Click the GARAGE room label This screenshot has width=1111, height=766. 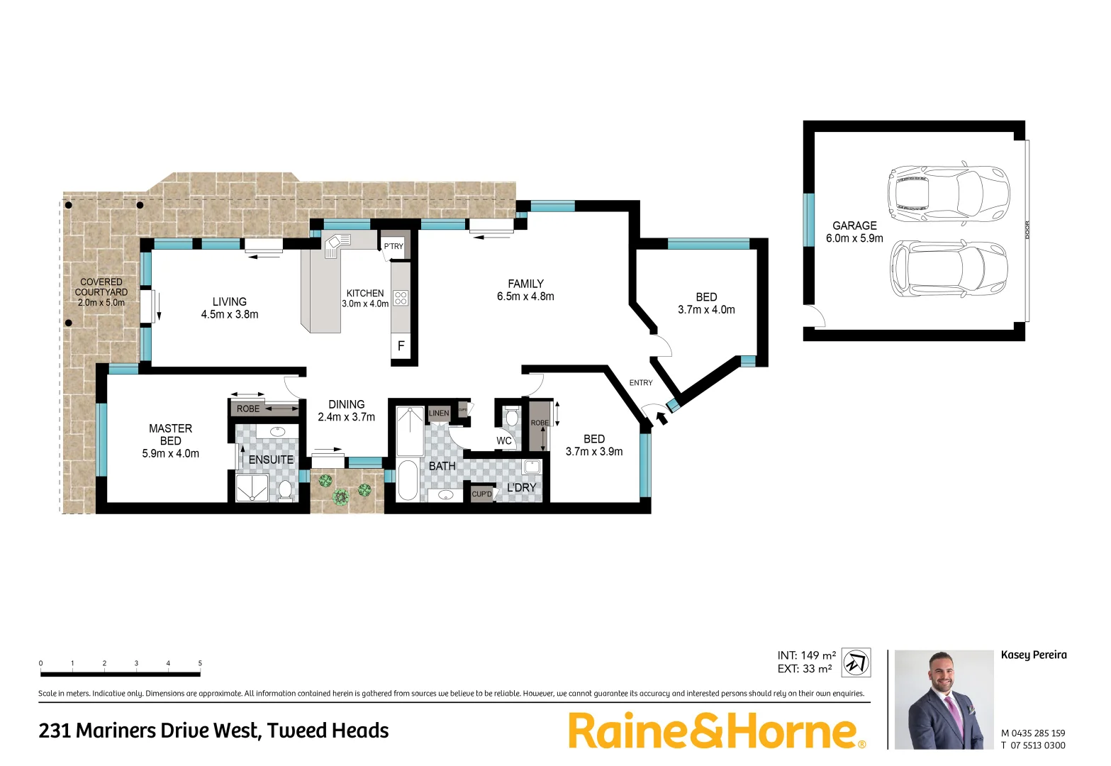[x=854, y=226]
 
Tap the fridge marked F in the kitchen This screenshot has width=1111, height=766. [x=401, y=346]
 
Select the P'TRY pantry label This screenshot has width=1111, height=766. [x=393, y=246]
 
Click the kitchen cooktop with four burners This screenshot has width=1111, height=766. [x=401, y=298]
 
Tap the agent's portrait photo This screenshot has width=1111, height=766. [x=944, y=699]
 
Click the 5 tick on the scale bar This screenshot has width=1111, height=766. [x=200, y=664]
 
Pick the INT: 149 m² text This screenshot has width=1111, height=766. [x=806, y=655]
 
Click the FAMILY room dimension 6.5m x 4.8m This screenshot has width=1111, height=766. [x=525, y=296]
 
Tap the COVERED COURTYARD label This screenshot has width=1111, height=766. [x=101, y=287]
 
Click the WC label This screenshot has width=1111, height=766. [x=504, y=440]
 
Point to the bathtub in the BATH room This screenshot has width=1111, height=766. [x=408, y=480]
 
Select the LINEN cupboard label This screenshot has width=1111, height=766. [x=439, y=413]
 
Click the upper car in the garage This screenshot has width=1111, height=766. [x=949, y=192]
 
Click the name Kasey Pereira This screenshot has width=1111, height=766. [x=1033, y=655]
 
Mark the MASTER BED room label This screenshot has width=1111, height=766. [x=170, y=434]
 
